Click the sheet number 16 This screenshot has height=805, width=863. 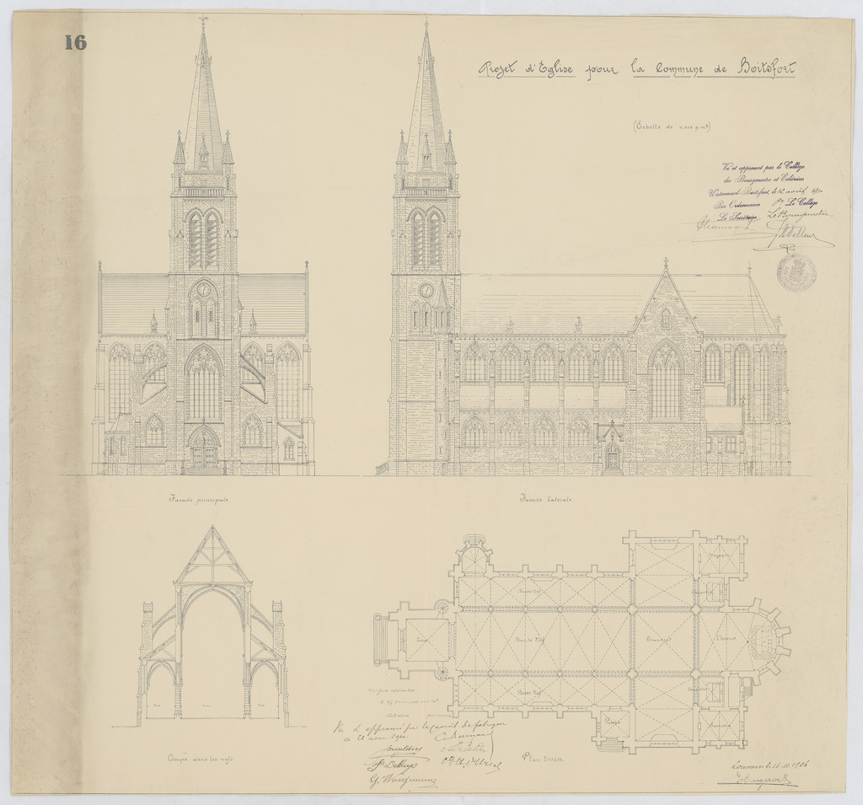click(75, 43)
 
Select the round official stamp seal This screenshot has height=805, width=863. click(796, 271)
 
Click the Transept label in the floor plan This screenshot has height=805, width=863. click(658, 639)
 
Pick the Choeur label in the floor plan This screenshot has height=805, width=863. click(727, 637)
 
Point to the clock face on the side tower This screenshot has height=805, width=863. click(426, 290)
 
